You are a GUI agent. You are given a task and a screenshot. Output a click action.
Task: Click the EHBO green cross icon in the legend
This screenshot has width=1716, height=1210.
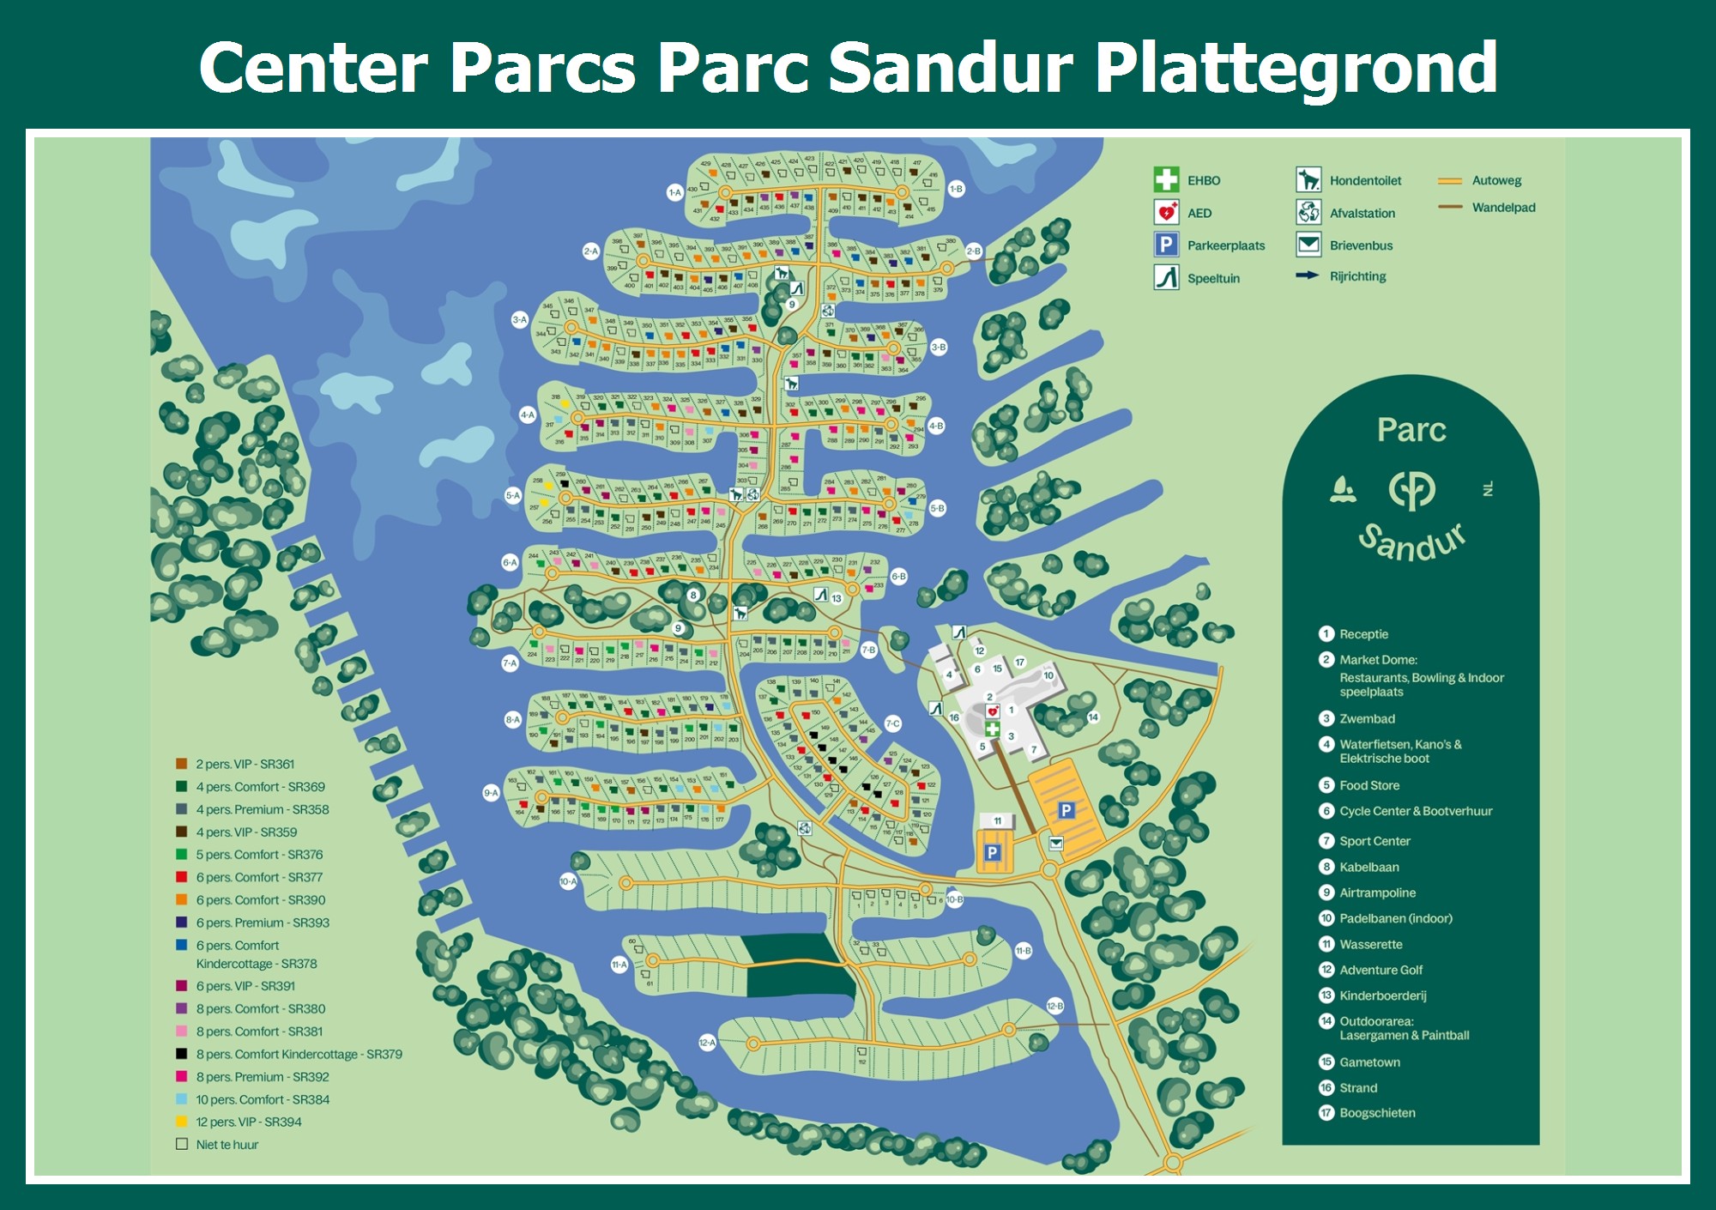pos(1166,179)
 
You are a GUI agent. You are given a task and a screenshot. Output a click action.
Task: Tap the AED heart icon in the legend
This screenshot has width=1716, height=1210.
pos(1166,212)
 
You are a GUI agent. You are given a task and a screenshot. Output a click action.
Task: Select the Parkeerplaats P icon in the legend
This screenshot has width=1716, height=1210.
pos(1166,245)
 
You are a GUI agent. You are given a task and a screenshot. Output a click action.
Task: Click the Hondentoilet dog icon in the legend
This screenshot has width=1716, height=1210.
pos(1308,179)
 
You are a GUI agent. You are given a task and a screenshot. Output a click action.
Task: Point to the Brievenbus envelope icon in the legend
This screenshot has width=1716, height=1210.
pos(1308,245)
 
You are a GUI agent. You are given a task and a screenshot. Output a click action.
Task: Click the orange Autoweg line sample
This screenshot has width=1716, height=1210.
pos(1450,180)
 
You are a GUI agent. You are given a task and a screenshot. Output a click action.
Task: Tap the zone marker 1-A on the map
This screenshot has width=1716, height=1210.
pos(674,193)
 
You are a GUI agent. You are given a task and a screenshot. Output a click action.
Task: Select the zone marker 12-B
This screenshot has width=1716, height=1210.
pos(1054,1006)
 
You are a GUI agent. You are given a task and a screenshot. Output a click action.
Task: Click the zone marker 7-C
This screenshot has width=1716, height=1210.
pos(892,723)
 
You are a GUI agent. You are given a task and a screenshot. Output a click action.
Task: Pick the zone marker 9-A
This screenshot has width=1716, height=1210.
pos(491,793)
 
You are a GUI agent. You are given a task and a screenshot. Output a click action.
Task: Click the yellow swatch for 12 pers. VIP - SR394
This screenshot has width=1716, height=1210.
pos(182,1122)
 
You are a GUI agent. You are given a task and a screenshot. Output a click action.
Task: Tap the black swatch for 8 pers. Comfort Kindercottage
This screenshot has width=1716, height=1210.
pos(182,1054)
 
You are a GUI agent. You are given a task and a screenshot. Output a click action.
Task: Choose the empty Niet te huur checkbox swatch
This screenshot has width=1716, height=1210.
pos(182,1144)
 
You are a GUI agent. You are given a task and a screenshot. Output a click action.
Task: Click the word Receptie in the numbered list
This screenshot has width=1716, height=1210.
pos(1363,634)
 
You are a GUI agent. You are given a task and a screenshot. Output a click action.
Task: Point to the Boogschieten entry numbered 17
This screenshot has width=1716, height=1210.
pos(1377,1113)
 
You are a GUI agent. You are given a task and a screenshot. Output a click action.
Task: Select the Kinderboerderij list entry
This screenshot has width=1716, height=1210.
pos(1382,995)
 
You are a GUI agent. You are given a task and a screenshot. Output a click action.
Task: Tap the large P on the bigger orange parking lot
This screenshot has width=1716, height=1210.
pos(1066,810)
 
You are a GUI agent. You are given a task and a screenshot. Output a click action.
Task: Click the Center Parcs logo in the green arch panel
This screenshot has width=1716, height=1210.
pos(1411,490)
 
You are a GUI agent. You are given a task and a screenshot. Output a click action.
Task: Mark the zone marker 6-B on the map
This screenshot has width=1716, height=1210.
pos(898,577)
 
